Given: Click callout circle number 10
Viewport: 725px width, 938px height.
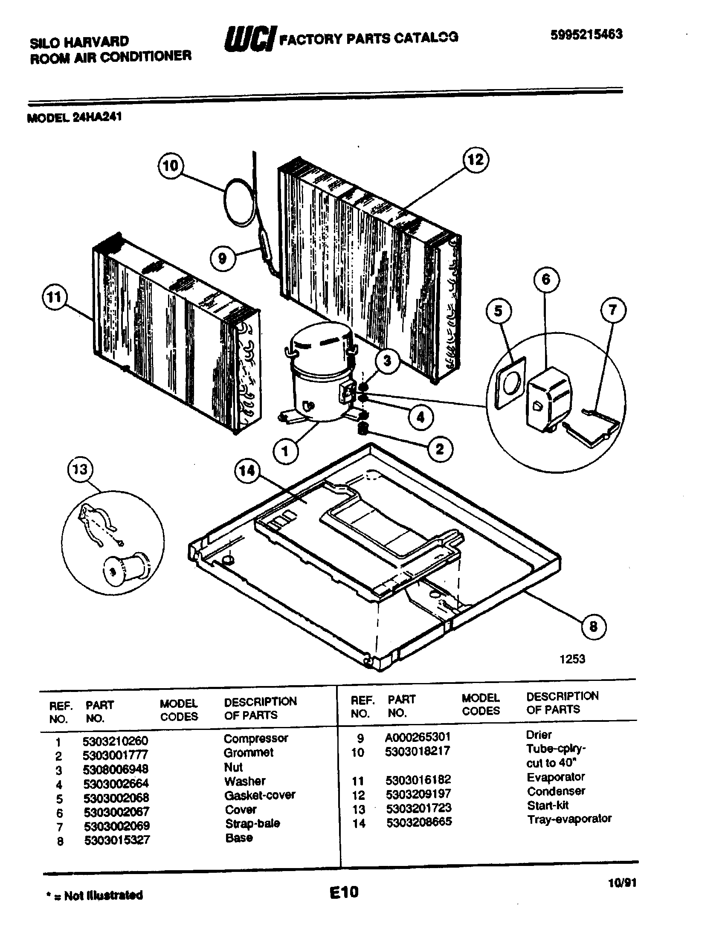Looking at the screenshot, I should [x=171, y=165].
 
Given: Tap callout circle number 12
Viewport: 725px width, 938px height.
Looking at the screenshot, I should [x=476, y=160].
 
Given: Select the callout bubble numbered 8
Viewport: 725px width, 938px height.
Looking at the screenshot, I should [x=593, y=627].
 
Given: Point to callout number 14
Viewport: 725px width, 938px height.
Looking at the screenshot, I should [x=247, y=471].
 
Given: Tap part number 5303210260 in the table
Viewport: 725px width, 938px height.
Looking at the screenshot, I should [x=115, y=741].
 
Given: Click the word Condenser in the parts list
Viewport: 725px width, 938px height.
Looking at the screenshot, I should [x=556, y=791].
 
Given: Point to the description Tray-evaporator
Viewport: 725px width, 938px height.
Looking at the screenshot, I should [x=569, y=819].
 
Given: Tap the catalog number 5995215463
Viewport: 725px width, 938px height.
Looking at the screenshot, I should [x=586, y=35].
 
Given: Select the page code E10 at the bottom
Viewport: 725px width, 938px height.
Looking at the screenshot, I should [x=344, y=892].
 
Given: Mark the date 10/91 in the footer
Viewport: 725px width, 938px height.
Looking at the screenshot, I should [x=622, y=883].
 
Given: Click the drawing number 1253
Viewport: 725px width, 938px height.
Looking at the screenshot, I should [x=572, y=659].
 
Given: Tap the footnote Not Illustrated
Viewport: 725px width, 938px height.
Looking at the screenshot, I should [x=103, y=895].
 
